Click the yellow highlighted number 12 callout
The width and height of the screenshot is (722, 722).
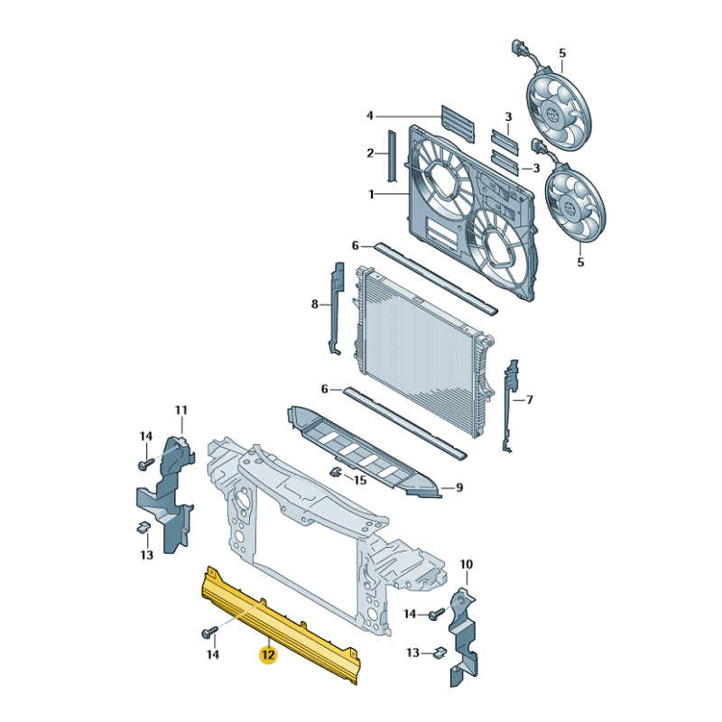268,654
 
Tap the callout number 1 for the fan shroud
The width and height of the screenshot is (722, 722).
371,194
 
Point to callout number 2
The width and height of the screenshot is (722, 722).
370,153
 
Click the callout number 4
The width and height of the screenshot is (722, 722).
370,116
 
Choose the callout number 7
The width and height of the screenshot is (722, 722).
530,399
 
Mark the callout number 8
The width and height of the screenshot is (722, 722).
315,304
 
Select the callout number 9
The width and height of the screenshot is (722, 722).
458,488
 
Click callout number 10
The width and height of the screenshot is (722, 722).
467,565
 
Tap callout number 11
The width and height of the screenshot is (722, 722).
180,411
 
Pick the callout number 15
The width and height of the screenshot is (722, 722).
360,480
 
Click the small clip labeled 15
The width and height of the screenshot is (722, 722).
334,473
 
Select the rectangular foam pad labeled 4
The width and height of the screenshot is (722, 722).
457,122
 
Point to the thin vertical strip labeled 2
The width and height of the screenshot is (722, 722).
392,155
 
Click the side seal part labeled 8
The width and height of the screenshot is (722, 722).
337,307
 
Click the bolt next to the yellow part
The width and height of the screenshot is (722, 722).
209,632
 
